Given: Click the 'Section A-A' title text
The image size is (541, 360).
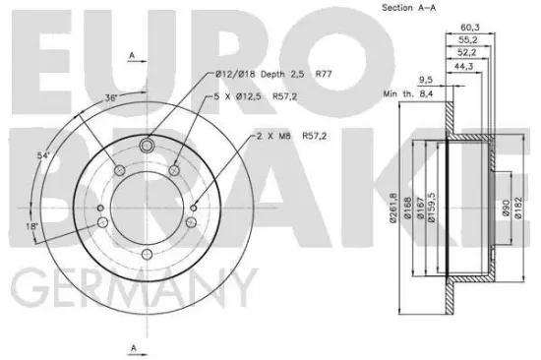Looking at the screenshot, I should pos(410,9).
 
